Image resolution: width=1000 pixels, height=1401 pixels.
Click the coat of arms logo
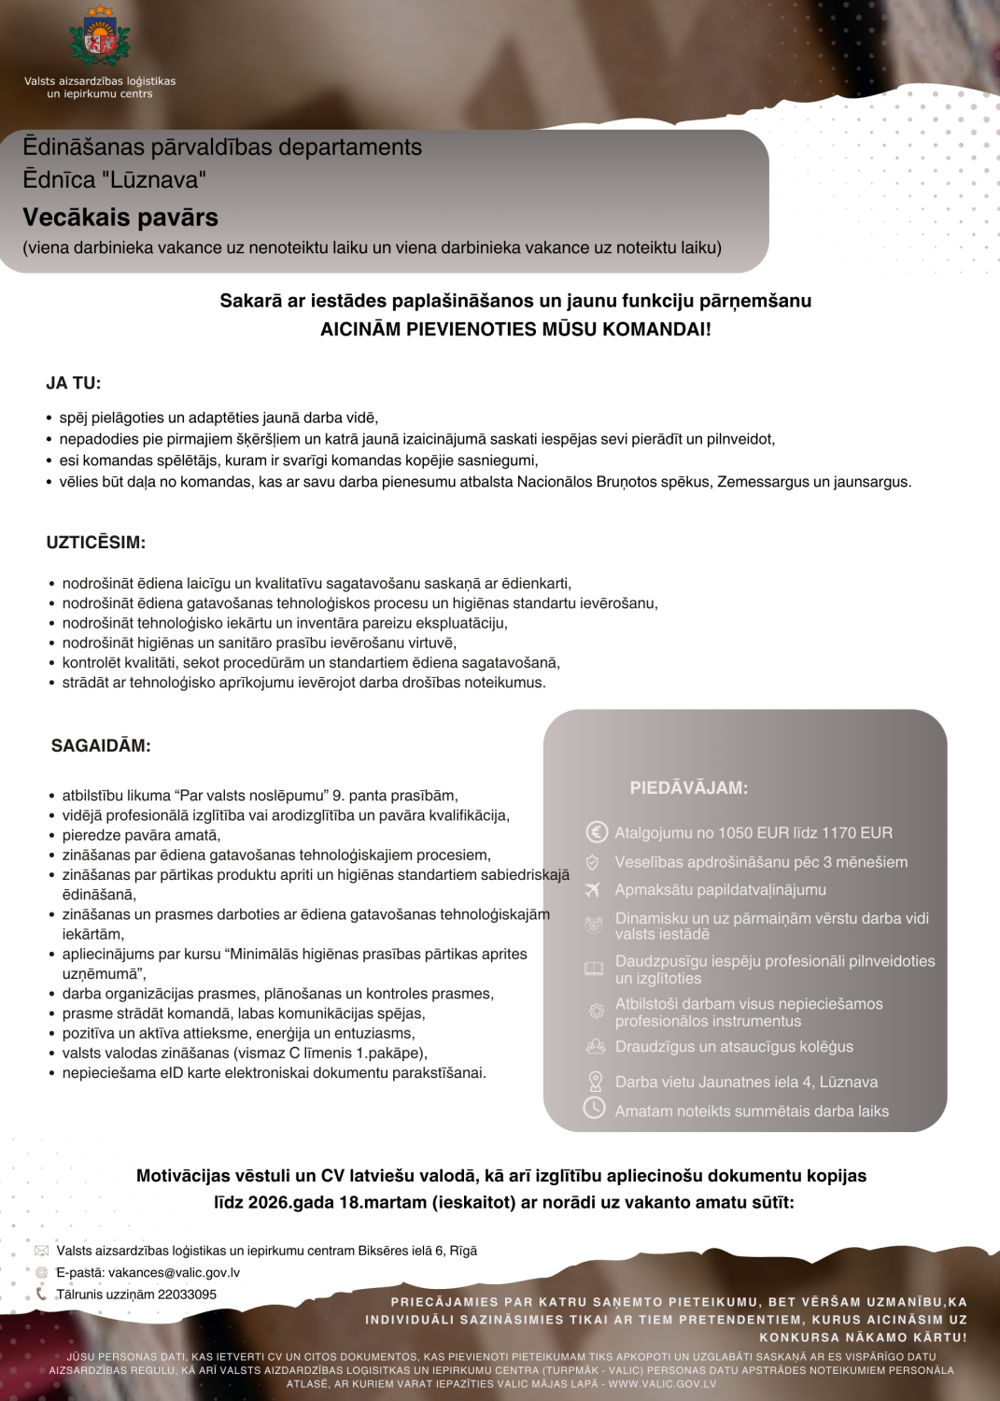(100, 37)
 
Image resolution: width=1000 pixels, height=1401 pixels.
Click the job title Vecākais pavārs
(120, 218)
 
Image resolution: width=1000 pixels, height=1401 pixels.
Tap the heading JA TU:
(74, 383)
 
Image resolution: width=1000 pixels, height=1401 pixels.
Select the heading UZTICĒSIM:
(96, 543)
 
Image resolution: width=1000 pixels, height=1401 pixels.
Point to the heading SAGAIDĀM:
(101, 745)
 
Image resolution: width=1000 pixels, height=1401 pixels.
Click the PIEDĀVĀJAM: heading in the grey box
(688, 788)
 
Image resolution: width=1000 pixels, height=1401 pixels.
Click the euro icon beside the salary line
(596, 832)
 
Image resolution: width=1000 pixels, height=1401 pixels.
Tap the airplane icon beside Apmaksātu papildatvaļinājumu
(593, 890)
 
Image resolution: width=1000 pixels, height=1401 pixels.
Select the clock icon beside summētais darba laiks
(595, 1109)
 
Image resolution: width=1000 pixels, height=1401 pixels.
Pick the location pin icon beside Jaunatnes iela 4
(595, 1082)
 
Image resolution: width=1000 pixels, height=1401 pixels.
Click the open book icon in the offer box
(594, 969)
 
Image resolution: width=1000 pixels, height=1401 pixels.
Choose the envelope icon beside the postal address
(41, 1251)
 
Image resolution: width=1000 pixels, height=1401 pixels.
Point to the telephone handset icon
(41, 1294)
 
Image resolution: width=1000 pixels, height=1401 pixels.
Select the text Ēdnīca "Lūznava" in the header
(115, 179)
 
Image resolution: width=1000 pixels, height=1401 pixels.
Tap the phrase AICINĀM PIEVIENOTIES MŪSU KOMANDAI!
(515, 329)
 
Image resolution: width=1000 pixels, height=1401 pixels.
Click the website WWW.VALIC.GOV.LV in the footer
(662, 1383)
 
